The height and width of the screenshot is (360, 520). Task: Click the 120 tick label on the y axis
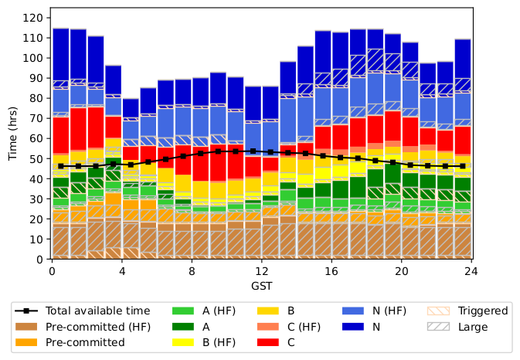(32, 18)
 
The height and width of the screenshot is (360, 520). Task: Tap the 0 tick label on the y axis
(39, 260)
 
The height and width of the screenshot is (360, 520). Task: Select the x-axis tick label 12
(262, 271)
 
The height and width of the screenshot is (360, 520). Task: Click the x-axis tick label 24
(471, 271)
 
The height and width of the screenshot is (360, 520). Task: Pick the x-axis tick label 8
(192, 271)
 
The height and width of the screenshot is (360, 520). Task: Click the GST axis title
(262, 286)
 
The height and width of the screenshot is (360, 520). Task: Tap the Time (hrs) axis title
(12, 133)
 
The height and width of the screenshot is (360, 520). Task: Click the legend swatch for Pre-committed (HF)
(26, 327)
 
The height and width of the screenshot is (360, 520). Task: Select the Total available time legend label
(98, 311)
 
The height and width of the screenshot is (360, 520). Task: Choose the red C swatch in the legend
(268, 342)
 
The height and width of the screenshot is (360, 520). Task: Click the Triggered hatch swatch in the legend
(438, 311)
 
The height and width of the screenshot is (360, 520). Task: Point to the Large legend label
(473, 328)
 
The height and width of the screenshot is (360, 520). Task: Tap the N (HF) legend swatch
(353, 311)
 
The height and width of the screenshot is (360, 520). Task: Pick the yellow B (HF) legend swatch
(183, 342)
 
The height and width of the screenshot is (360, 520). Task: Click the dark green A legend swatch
(183, 327)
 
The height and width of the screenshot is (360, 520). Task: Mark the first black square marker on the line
(61, 166)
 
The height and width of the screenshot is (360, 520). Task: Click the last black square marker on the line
(463, 166)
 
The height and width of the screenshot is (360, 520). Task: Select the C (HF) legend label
(304, 328)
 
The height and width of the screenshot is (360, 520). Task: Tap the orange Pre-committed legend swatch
(26, 342)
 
